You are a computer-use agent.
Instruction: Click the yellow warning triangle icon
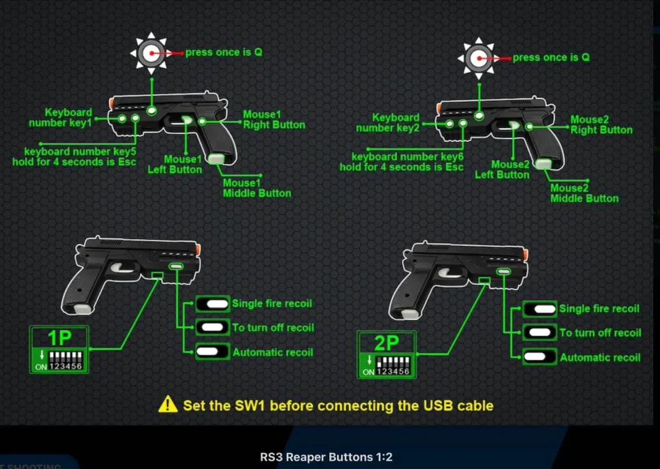(x=168, y=404)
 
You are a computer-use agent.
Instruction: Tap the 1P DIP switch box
(x=59, y=349)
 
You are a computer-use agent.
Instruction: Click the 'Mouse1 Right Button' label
(x=273, y=120)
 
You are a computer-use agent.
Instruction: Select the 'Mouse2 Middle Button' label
(x=584, y=193)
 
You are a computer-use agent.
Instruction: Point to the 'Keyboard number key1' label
(x=61, y=117)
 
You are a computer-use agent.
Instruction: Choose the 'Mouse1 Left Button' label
(x=175, y=164)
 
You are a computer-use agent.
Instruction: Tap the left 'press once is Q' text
(x=224, y=52)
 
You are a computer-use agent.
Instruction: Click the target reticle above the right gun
(x=479, y=58)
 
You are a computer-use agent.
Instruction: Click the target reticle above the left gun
(x=150, y=52)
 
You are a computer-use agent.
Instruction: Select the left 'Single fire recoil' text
(x=272, y=303)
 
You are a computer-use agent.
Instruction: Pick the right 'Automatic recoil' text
(x=600, y=357)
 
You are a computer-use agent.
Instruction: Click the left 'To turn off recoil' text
(x=273, y=327)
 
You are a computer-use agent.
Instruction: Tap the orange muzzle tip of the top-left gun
(x=112, y=103)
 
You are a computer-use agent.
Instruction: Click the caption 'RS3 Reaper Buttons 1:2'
(x=327, y=457)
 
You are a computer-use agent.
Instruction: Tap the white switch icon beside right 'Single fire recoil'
(x=540, y=309)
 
